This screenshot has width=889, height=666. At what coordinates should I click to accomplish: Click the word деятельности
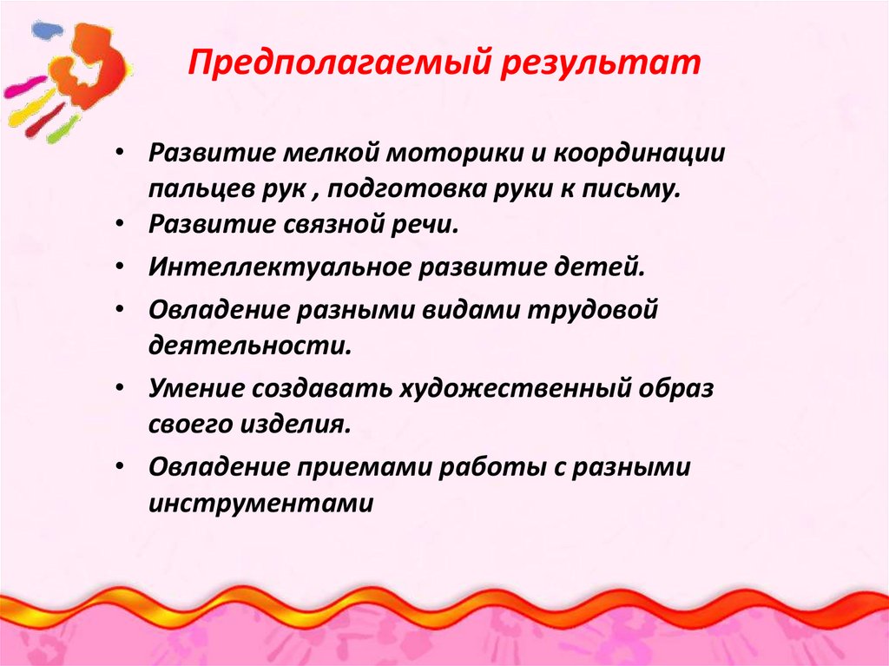[x=250, y=346]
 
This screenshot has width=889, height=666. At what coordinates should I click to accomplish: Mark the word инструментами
[x=260, y=503]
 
